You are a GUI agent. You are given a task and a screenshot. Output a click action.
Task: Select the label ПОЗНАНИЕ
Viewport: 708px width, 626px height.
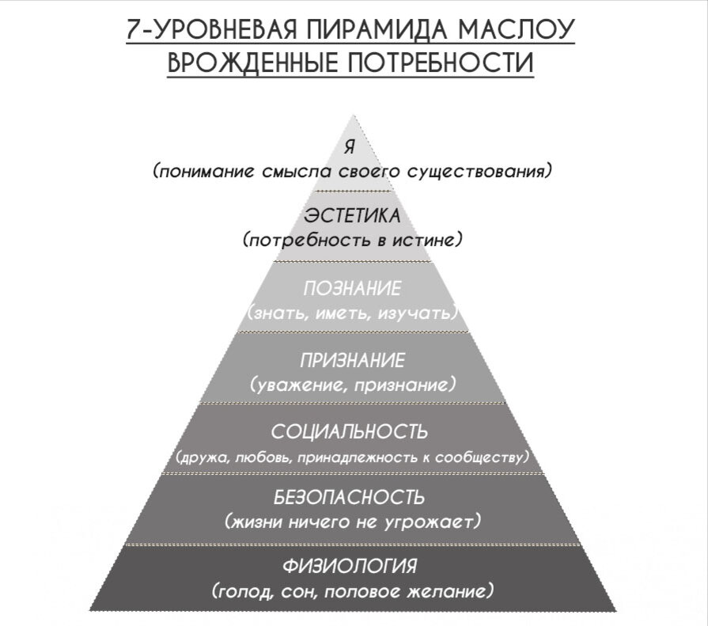click(352, 288)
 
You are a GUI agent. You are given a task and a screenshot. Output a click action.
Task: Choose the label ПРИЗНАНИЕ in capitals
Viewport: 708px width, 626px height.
click(352, 361)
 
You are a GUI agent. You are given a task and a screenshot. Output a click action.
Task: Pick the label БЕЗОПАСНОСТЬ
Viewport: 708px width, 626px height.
click(350, 499)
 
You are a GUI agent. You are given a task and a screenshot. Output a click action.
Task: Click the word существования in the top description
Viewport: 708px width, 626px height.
click(485, 171)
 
